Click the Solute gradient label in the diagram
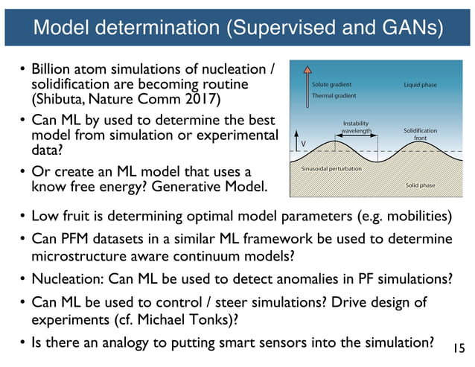point(332,85)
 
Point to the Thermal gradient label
point(334,96)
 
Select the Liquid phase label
point(420,85)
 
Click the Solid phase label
point(421,184)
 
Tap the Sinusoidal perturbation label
point(331,169)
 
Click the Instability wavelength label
point(357,127)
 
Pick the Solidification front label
point(420,134)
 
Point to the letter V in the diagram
point(302,143)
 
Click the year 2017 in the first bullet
point(206,99)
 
